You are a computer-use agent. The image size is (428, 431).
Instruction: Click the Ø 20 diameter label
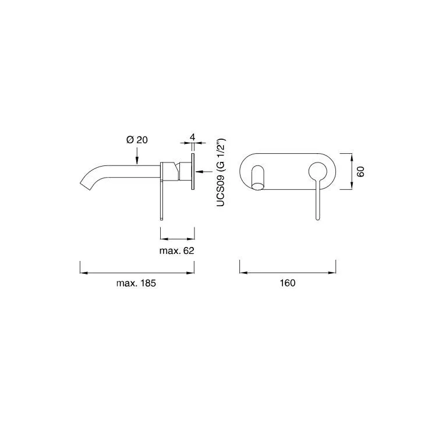tap(137, 140)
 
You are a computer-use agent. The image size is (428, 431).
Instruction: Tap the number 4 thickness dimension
tap(192, 137)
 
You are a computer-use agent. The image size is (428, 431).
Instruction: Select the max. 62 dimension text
tap(177, 250)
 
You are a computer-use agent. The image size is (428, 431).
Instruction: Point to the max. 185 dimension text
tap(136, 283)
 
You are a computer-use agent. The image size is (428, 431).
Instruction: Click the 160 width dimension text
tap(288, 283)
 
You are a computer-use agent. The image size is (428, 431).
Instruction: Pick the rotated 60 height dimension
tap(360, 171)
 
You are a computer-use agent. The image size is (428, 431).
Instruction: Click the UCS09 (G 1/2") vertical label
tap(221, 172)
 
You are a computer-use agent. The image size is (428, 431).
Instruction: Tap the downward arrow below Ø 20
tap(137, 156)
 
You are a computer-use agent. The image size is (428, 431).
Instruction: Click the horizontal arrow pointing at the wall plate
tap(204, 172)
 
